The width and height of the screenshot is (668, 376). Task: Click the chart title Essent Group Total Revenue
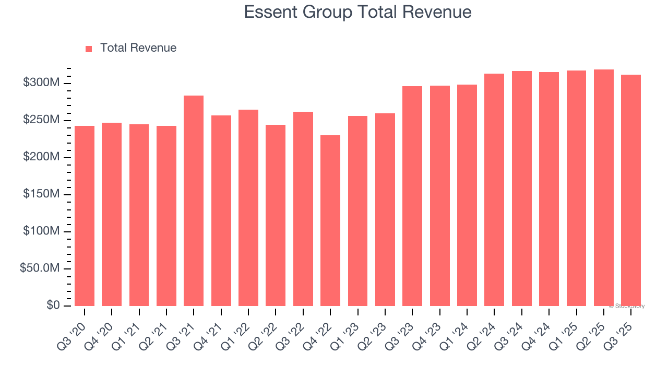[x=357, y=12]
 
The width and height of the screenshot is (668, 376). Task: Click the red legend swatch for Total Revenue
[x=89, y=49]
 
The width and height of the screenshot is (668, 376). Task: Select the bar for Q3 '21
[x=194, y=201]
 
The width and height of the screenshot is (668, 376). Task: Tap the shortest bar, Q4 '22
[x=330, y=220]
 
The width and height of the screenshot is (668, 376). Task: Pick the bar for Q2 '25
[x=604, y=187]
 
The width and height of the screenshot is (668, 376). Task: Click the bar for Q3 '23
[x=412, y=196]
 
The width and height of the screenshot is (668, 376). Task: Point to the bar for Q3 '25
[x=631, y=190]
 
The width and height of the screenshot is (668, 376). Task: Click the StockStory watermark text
[x=627, y=306]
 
